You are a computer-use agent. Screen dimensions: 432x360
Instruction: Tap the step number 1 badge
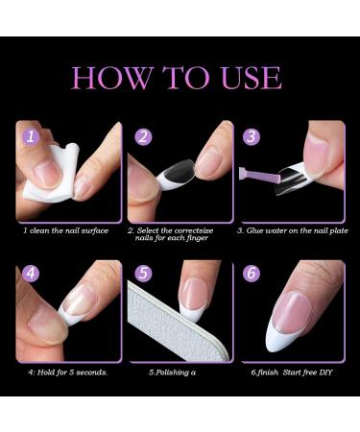click(x=31, y=136)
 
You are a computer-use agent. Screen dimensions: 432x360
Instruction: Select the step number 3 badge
click(x=252, y=136)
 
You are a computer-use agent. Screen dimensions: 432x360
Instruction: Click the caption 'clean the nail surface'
click(x=70, y=230)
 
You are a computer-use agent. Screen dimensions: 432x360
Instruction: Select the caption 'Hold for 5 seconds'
click(x=64, y=371)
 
